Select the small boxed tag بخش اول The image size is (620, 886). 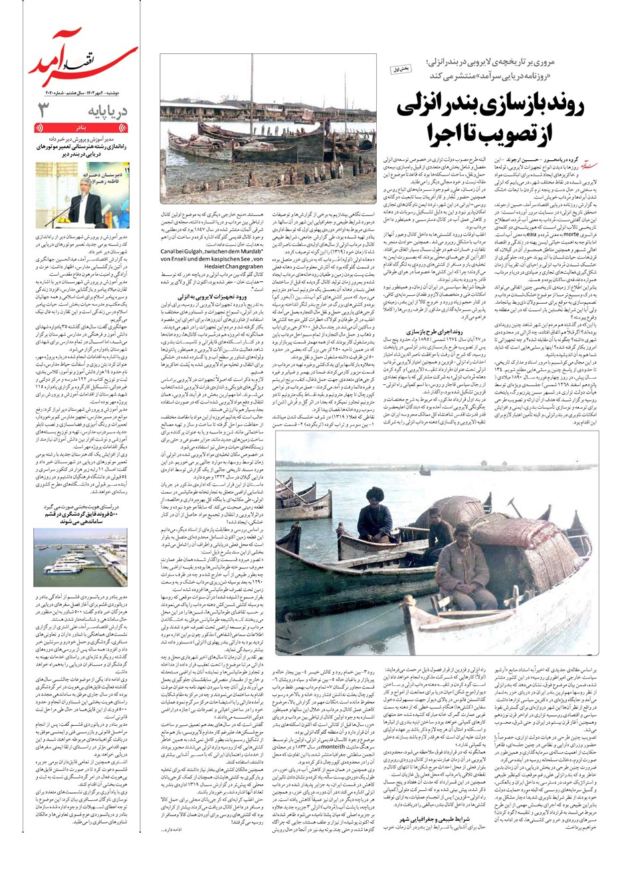click(x=403, y=68)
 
